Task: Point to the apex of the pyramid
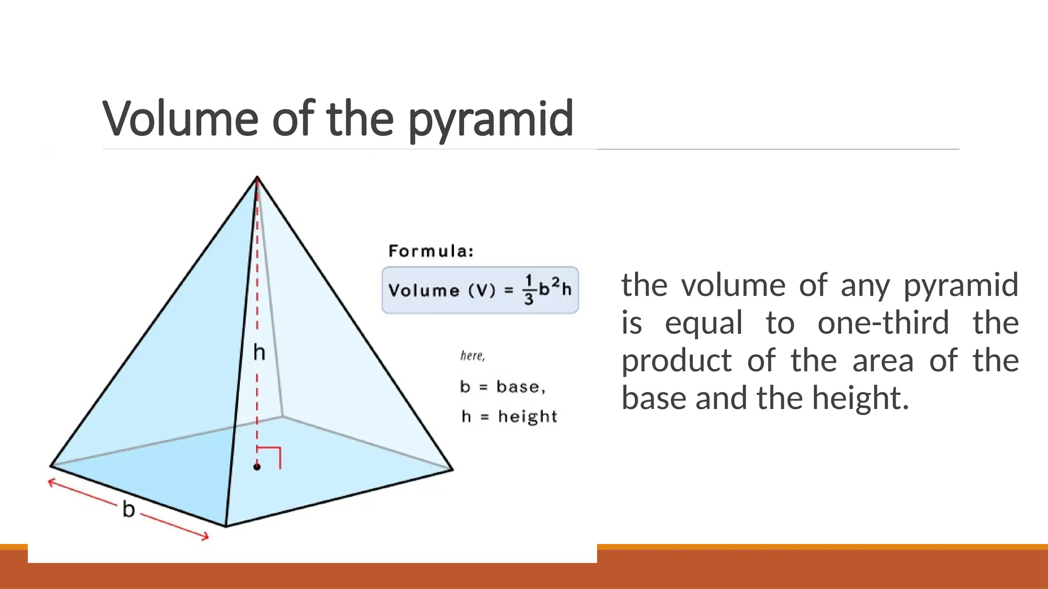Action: [257, 177]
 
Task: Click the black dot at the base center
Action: [257, 467]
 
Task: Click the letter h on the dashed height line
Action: [259, 352]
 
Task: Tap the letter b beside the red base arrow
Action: [128, 509]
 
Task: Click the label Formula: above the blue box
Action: [431, 251]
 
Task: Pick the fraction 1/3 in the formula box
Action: [529, 290]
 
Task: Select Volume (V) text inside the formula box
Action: [442, 290]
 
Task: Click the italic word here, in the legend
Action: [472, 355]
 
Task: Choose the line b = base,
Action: [503, 387]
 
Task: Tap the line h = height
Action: [509, 417]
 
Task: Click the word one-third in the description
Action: [883, 323]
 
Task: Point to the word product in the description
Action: [676, 361]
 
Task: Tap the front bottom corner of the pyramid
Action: [226, 526]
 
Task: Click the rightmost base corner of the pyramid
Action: [452, 469]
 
